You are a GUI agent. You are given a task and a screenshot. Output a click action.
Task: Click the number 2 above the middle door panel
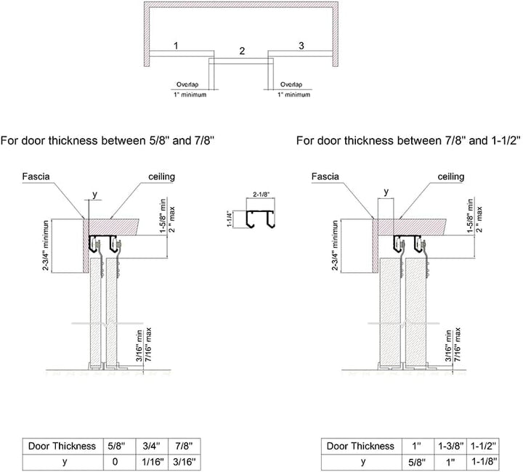click(242, 51)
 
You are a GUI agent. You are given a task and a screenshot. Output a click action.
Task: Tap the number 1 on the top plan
click(176, 45)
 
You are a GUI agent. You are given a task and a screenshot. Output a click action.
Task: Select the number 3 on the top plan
click(301, 45)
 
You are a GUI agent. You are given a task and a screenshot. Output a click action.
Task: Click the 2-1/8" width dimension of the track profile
click(261, 195)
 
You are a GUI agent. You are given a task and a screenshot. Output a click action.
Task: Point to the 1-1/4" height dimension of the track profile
click(230, 219)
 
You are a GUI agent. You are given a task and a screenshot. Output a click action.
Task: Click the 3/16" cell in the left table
click(185, 462)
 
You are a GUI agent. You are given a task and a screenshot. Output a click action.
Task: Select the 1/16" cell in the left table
click(153, 462)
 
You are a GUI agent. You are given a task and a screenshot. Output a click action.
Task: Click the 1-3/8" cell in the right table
click(450, 446)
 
